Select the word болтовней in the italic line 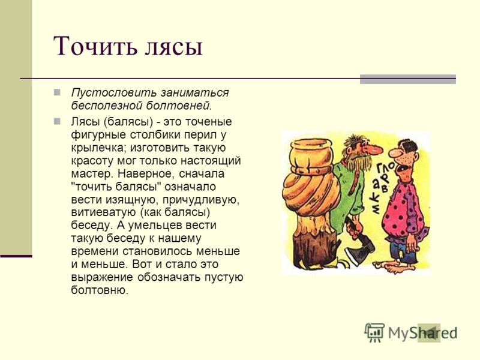[x=179, y=106]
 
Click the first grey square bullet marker [x=57, y=92]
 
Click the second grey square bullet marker [x=57, y=121]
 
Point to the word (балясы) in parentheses [x=128, y=122]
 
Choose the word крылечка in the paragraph [x=98, y=148]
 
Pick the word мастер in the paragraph [x=92, y=174]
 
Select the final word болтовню [x=100, y=290]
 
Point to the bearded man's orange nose [x=374, y=149]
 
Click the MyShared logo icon [x=374, y=332]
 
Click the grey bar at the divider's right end [x=408, y=79]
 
